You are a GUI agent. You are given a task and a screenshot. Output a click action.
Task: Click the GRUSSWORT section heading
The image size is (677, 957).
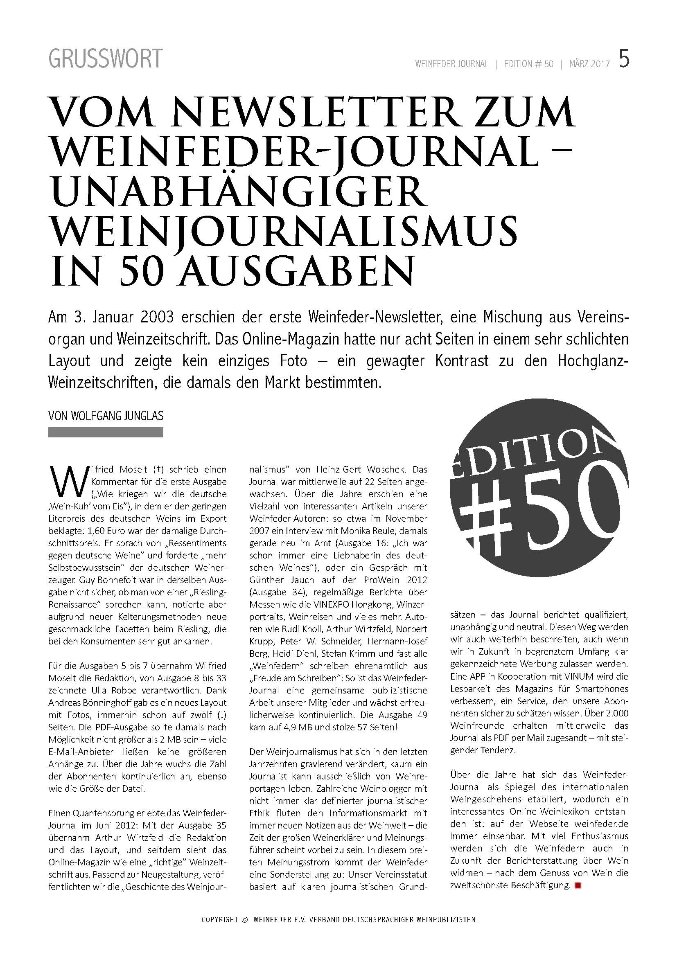[x=105, y=59]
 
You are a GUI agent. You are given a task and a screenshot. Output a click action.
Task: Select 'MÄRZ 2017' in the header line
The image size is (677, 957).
[x=589, y=64]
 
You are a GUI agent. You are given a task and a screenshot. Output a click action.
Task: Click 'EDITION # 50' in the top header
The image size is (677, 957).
[x=528, y=64]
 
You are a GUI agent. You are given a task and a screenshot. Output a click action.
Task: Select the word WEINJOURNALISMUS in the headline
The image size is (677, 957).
[x=283, y=232]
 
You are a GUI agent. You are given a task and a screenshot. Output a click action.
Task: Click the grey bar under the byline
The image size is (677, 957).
[x=106, y=432]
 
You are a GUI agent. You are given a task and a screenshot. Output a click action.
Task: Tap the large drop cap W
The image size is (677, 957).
[x=67, y=479]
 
